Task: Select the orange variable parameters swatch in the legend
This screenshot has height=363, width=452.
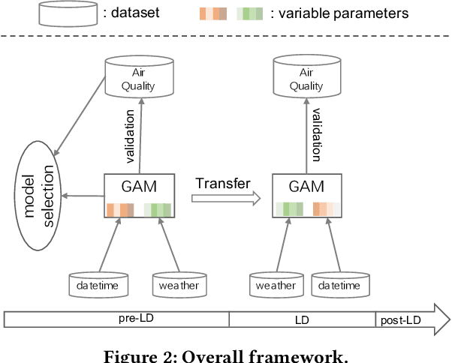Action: (213, 13)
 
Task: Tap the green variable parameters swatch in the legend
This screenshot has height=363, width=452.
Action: (250, 13)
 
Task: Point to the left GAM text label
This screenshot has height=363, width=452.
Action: (139, 186)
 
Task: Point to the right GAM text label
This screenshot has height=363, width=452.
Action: (306, 186)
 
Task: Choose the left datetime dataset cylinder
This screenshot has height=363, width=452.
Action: (98, 283)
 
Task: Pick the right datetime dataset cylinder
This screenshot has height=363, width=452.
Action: (344, 283)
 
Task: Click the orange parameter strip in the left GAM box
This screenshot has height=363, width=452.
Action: (120, 210)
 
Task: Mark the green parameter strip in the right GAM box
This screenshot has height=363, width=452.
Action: (289, 210)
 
